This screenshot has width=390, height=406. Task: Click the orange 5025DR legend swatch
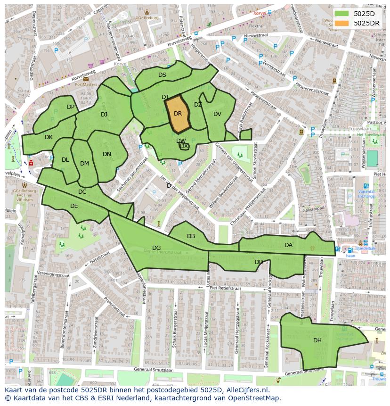(x=342, y=23)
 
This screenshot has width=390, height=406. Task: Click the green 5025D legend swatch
(x=342, y=13)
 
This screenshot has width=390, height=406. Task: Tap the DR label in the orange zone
(x=178, y=114)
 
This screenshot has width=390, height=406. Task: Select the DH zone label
(x=317, y=340)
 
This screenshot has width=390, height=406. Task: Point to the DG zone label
(x=156, y=248)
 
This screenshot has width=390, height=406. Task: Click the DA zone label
(x=288, y=245)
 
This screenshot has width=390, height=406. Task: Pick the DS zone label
(x=162, y=75)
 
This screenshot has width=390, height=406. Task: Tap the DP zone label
(x=71, y=107)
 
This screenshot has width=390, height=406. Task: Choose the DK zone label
(x=49, y=137)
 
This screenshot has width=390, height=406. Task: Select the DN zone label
(x=107, y=154)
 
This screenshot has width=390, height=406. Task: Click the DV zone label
(x=217, y=114)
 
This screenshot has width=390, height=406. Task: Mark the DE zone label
(x=74, y=206)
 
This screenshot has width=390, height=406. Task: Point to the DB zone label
(x=191, y=236)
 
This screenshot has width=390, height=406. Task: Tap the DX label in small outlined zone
(x=184, y=147)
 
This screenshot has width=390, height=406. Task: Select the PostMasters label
(x=86, y=84)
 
